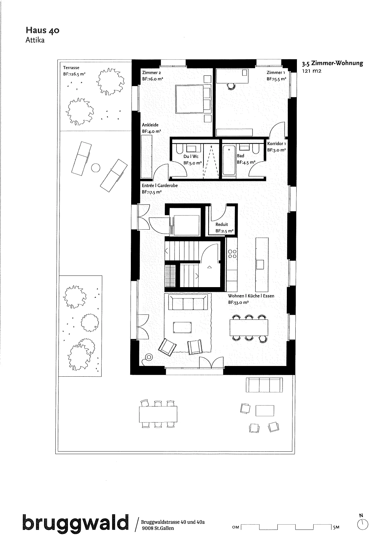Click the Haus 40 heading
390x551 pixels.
[x=42, y=30]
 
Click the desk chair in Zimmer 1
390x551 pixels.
[x=231, y=86]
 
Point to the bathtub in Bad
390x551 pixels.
[x=229, y=161]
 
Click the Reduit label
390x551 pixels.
[x=222, y=224]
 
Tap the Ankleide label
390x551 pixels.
[x=150, y=125]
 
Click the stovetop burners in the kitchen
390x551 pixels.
[x=232, y=254]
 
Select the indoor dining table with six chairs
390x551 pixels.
[x=249, y=328]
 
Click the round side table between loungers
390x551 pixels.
[x=96, y=168]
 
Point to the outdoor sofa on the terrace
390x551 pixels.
[x=264, y=385]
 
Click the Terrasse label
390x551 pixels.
[x=71, y=68]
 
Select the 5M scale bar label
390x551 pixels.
[x=336, y=527]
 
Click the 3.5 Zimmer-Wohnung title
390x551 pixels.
[x=332, y=63]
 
